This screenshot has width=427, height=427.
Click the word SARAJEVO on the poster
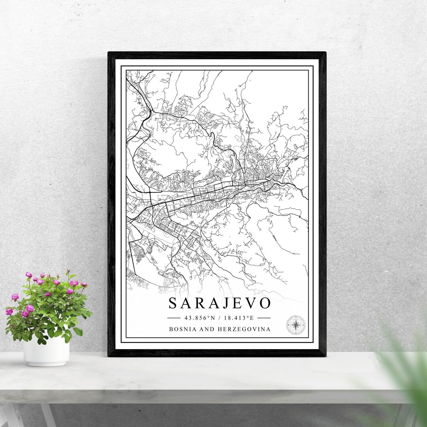tap(219, 303)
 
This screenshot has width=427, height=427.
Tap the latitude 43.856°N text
tap(200, 318)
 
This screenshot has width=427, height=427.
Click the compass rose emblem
tap(296, 325)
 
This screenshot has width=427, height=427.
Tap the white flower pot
tap(46, 351)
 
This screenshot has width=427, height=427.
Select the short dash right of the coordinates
tap(264, 318)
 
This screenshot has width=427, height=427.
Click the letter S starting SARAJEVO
tap(172, 303)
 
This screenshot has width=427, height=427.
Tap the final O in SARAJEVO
tap(265, 303)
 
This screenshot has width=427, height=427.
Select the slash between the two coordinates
tap(220, 318)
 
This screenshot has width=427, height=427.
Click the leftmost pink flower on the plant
tap(9, 312)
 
